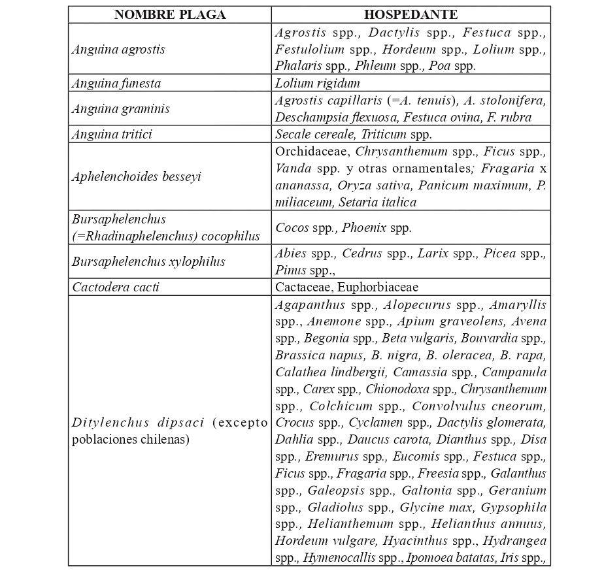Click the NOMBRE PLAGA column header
tap(169, 15)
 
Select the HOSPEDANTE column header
tap(411, 15)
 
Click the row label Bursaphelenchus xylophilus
tap(148, 261)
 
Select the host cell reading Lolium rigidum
tap(317, 83)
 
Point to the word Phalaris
tap(295, 65)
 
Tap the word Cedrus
tap(361, 253)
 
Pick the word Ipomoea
tap(428, 558)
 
